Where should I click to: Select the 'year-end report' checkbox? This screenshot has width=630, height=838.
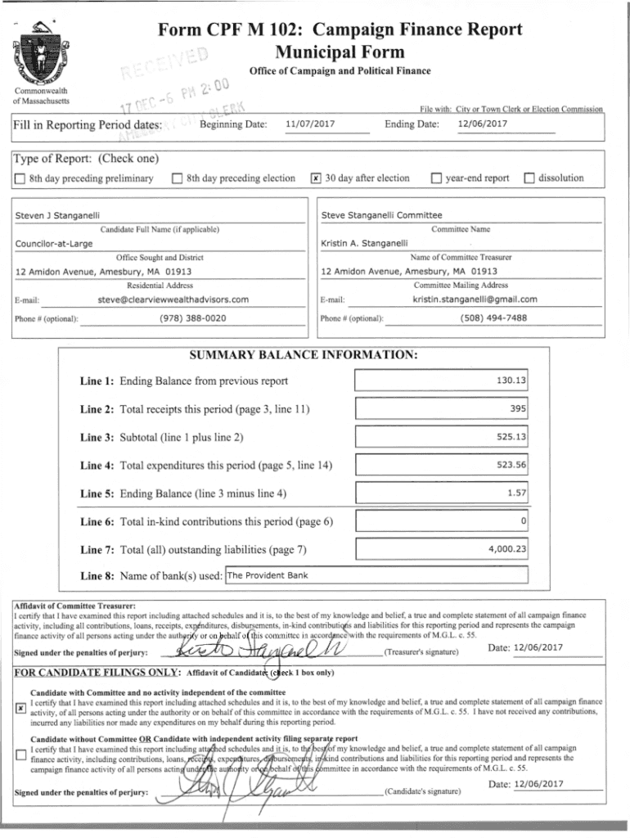(x=435, y=178)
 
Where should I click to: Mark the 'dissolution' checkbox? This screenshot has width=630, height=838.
(x=529, y=178)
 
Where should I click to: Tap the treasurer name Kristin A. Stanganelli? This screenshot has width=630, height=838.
(x=366, y=244)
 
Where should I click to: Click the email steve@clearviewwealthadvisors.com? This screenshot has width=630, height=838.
(x=173, y=300)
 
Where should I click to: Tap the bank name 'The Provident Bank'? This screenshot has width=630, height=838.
(x=267, y=575)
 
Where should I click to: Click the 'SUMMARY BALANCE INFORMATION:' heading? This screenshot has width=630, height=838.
(x=304, y=355)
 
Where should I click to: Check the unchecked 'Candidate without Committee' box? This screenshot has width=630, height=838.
(x=20, y=756)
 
